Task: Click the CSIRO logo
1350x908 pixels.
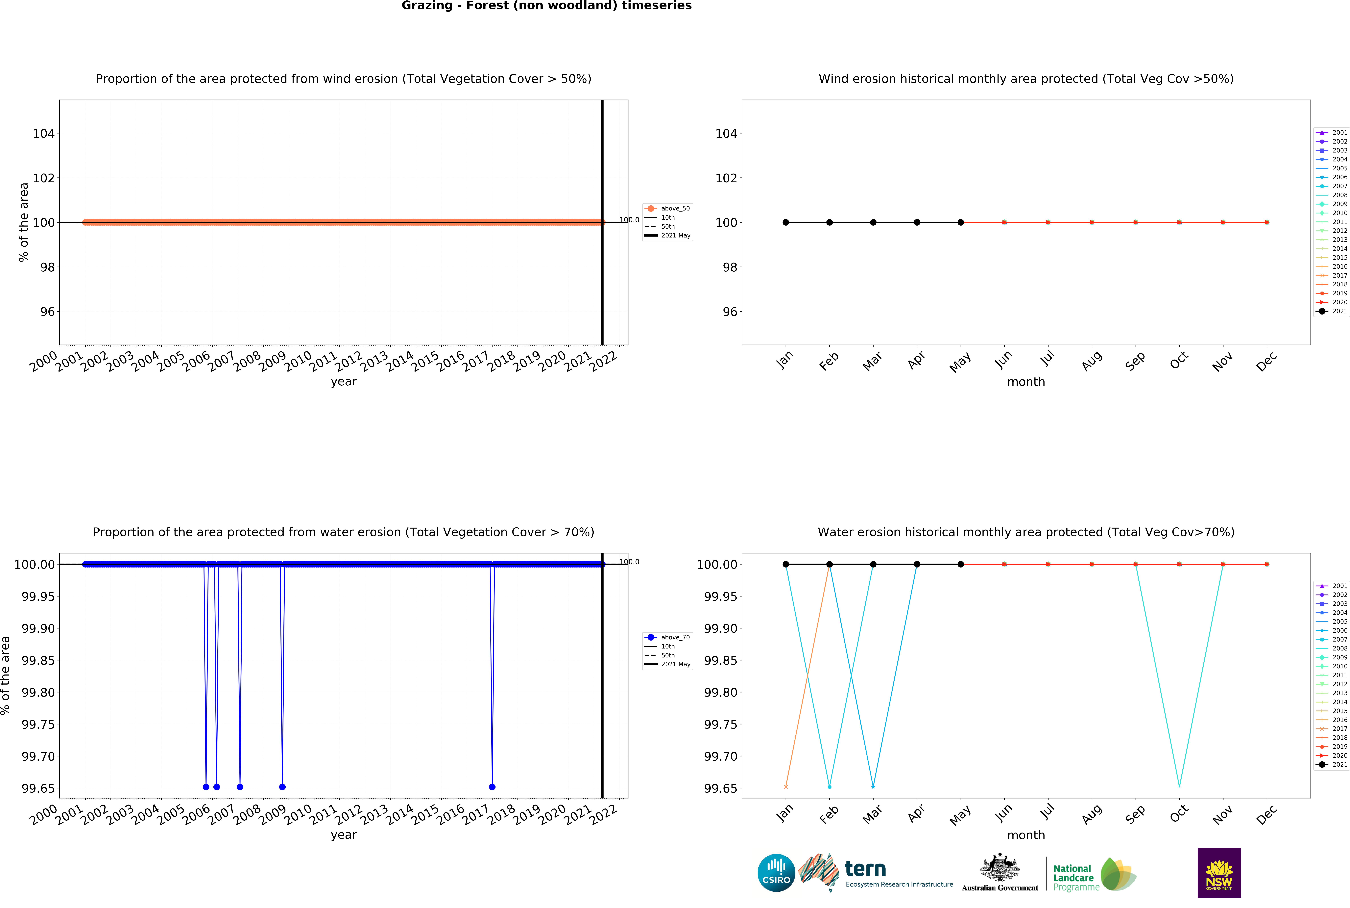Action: [776, 873]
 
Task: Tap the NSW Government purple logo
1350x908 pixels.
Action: [1219, 873]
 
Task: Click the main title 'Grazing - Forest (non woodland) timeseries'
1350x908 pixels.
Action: [546, 6]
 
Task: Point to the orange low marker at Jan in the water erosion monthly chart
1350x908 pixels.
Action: [786, 786]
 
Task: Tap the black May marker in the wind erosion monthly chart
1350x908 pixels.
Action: [961, 222]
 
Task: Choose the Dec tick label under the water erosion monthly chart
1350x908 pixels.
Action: [1267, 815]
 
